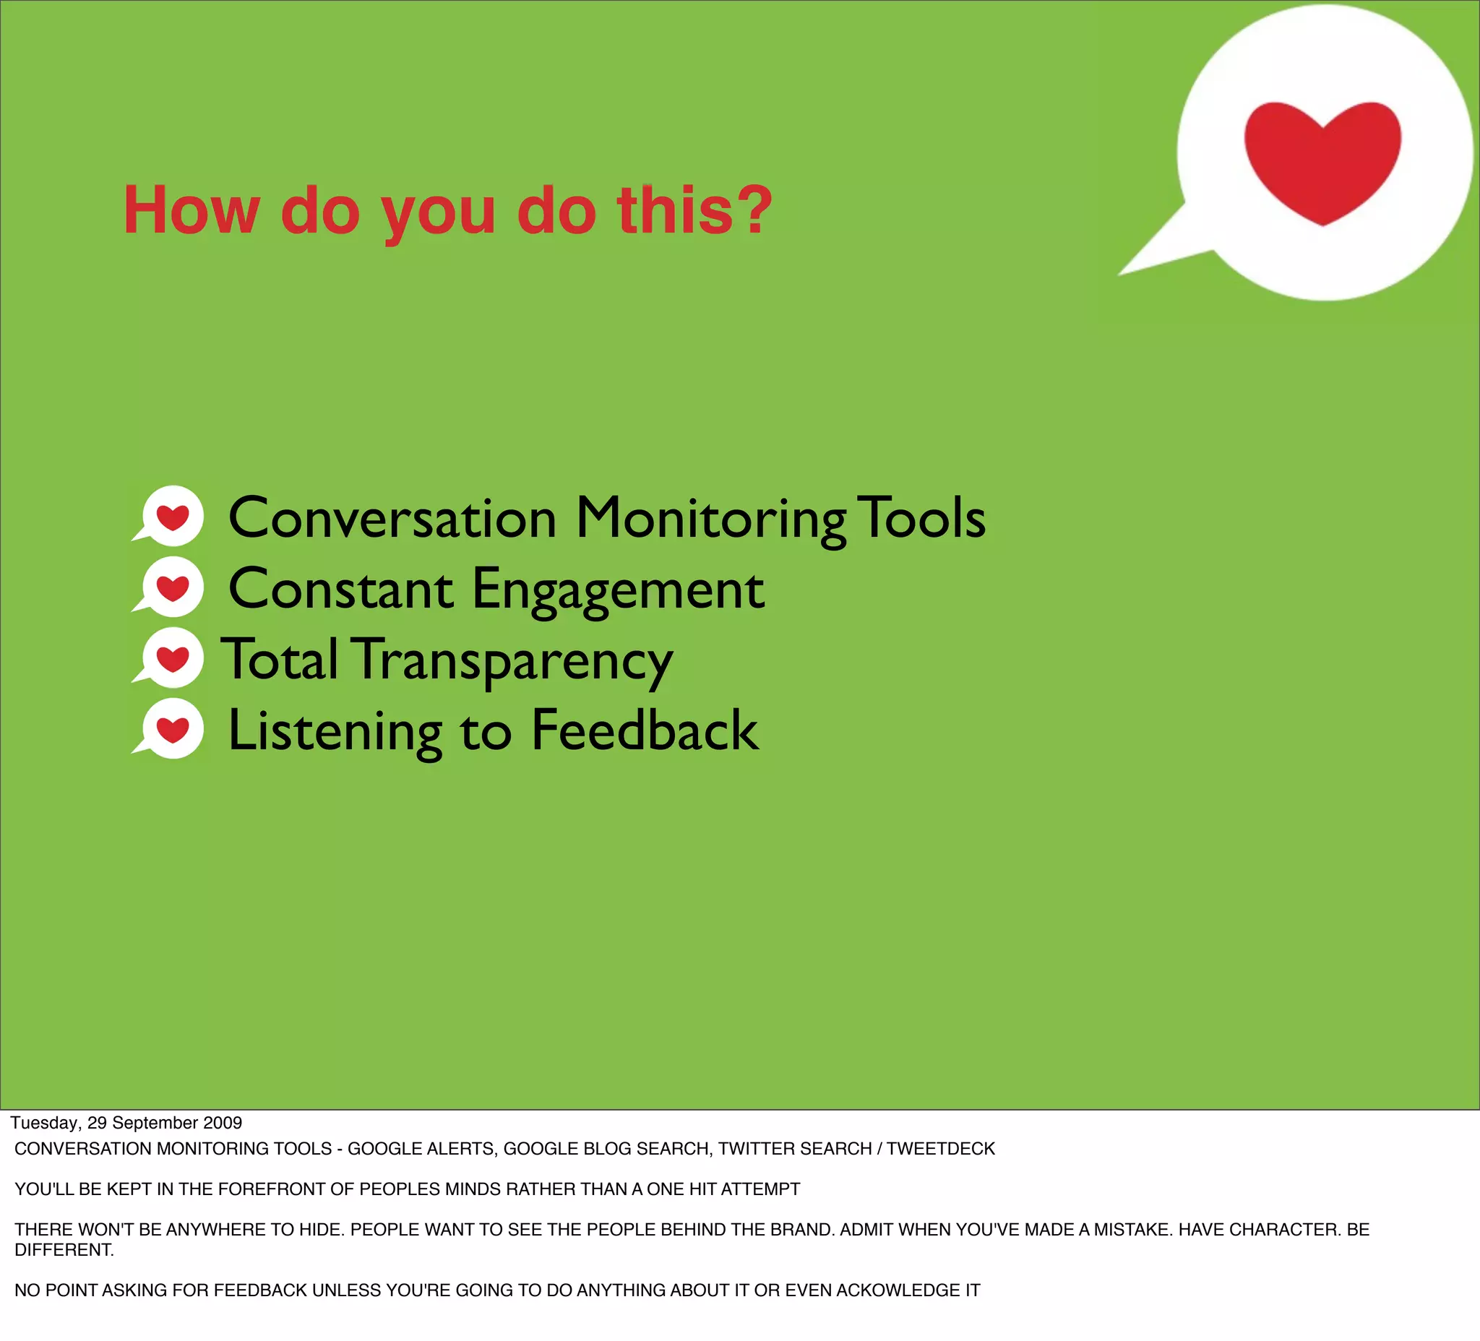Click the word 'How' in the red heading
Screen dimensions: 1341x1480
coord(191,211)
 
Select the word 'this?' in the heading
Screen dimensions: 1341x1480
coord(694,211)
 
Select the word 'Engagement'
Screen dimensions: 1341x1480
coord(617,590)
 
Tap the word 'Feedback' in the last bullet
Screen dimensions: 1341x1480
coord(644,730)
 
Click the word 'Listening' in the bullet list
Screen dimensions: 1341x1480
coord(335,732)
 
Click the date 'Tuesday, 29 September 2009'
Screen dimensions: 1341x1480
coord(126,1122)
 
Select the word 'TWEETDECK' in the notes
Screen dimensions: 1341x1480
coord(940,1149)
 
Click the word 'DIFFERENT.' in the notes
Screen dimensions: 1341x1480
coord(64,1250)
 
